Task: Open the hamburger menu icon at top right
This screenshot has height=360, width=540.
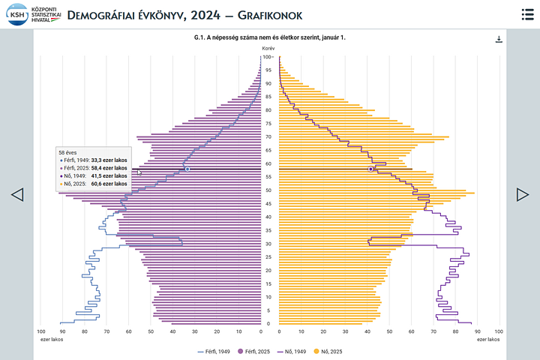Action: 527,14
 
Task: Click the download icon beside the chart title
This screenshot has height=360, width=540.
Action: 499,39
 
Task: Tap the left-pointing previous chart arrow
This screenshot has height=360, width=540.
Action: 17,194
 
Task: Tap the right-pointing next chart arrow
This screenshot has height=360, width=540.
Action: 523,194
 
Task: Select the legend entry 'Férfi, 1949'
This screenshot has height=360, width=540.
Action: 214,351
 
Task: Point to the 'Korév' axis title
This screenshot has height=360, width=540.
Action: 268,47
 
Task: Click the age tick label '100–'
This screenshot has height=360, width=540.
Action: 268,57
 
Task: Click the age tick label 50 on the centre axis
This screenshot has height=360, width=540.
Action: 267,190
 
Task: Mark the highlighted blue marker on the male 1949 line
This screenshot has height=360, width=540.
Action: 187,169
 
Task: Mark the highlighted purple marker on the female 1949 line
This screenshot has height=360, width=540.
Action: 370,169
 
